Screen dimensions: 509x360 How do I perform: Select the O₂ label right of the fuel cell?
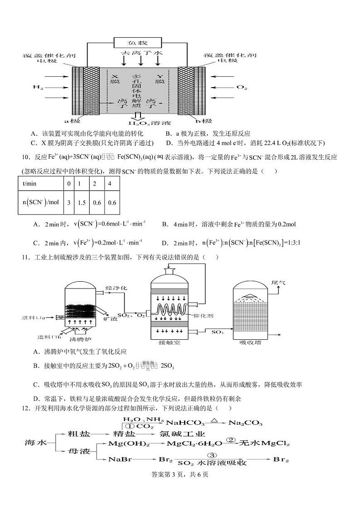click(242, 86)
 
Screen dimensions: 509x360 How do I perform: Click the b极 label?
click(204, 121)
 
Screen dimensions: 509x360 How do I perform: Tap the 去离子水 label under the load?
click(141, 53)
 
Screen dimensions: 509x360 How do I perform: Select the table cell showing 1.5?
click(82, 202)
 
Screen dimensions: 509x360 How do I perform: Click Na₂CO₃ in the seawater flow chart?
click(245, 423)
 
